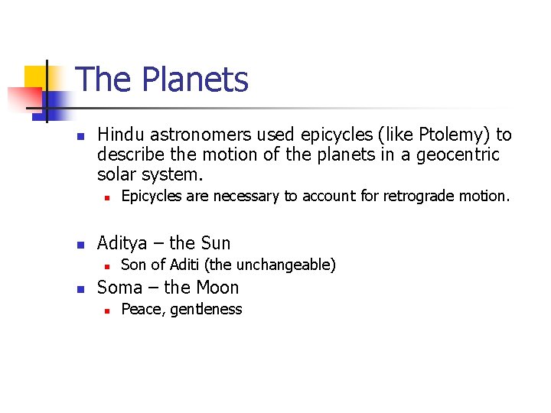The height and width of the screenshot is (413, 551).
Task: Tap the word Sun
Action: pyautogui.click(x=215, y=243)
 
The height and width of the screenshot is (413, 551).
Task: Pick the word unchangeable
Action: pyautogui.click(x=289, y=265)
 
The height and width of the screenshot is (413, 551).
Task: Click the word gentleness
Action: pyautogui.click(x=206, y=310)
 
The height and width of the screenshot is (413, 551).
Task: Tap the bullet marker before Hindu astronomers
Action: pyautogui.click(x=79, y=136)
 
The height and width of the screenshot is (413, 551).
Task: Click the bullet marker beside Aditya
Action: pyautogui.click(x=79, y=245)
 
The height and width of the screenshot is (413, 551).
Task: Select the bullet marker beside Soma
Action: pyautogui.click(x=79, y=289)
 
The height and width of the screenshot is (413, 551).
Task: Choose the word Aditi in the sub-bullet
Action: pyautogui.click(x=190, y=265)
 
